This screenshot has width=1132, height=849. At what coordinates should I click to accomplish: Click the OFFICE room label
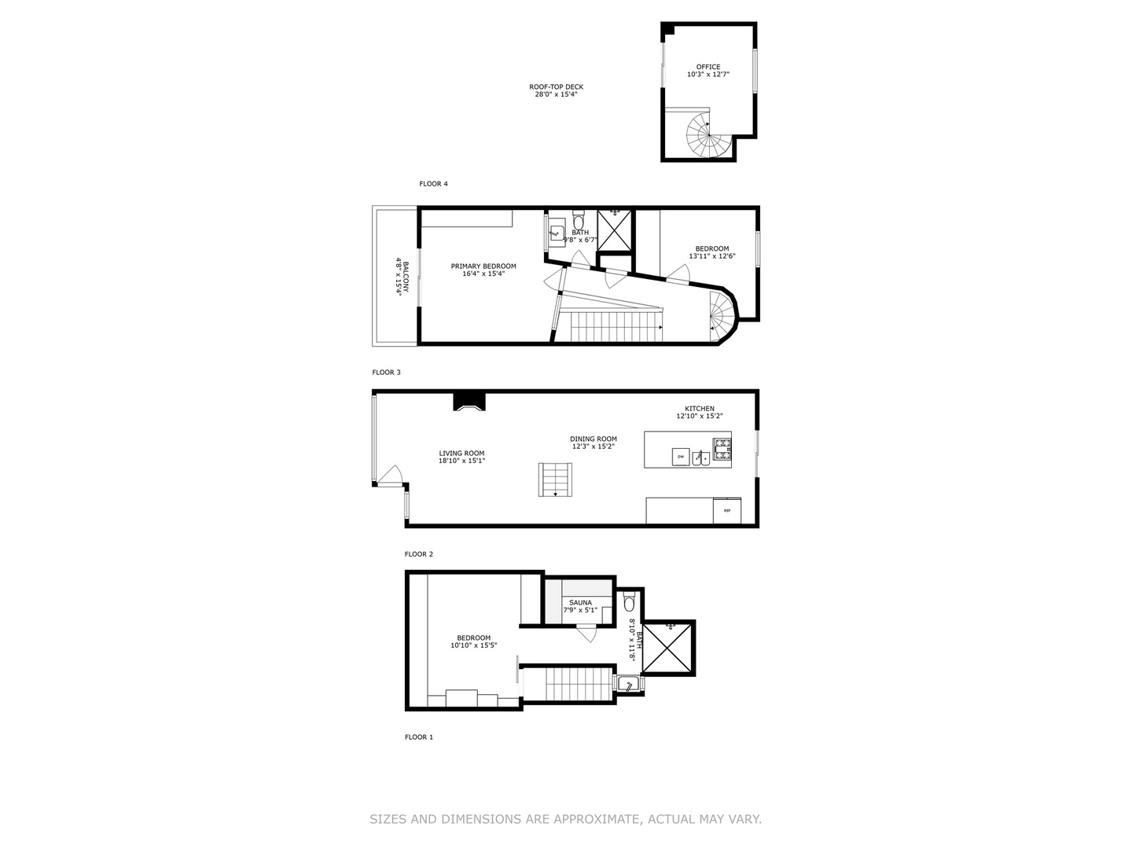708,67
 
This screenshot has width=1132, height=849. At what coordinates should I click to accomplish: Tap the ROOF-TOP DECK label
556,87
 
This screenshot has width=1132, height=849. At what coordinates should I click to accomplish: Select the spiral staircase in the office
708,135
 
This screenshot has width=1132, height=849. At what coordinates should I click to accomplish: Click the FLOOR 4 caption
433,183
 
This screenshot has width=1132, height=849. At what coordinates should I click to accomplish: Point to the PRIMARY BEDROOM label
483,266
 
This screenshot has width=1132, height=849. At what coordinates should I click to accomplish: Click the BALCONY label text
406,277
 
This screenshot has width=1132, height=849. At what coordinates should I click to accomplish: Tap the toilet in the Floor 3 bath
578,221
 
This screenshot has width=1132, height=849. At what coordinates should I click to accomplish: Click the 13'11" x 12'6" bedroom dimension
712,256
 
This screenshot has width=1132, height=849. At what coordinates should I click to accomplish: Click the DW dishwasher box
681,456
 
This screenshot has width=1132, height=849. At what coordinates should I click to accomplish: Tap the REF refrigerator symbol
727,510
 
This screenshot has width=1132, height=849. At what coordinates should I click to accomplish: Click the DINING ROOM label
593,439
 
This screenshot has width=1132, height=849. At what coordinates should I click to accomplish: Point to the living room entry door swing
389,475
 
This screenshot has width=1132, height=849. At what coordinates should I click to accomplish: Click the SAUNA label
581,603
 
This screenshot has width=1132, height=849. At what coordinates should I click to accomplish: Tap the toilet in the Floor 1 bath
630,601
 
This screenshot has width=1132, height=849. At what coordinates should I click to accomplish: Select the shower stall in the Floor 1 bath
667,648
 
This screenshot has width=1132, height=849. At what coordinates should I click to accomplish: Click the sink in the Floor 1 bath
629,684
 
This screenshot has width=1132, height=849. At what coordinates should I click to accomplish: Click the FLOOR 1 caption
419,737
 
